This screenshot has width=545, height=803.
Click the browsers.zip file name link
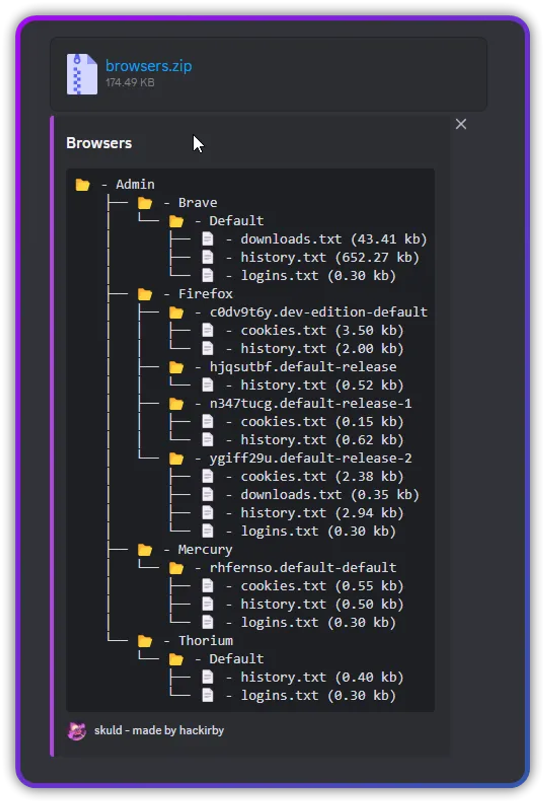(x=149, y=66)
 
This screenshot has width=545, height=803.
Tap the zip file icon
(x=82, y=74)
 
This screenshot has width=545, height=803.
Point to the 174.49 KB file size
(x=130, y=83)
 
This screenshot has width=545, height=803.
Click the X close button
(x=461, y=124)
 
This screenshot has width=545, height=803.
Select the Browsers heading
(x=99, y=143)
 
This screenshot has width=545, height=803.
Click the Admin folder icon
(x=82, y=184)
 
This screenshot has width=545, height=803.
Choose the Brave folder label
(x=198, y=203)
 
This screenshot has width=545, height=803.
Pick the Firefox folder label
(x=205, y=294)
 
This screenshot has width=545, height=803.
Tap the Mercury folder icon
(x=145, y=549)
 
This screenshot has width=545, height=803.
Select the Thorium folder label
(x=206, y=641)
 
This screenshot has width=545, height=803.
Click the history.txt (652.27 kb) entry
(x=330, y=257)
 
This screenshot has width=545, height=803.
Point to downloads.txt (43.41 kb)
(x=334, y=239)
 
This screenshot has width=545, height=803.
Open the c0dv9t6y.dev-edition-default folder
(x=318, y=312)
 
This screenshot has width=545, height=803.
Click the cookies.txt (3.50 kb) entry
(x=322, y=330)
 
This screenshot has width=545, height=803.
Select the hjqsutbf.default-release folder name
(x=303, y=367)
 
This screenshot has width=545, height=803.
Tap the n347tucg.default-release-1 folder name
(x=311, y=404)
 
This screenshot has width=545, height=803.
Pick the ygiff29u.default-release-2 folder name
(x=311, y=459)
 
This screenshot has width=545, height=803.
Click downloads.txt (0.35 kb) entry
(x=330, y=495)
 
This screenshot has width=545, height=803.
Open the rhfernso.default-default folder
(x=303, y=568)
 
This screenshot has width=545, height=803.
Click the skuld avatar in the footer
(x=77, y=731)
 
